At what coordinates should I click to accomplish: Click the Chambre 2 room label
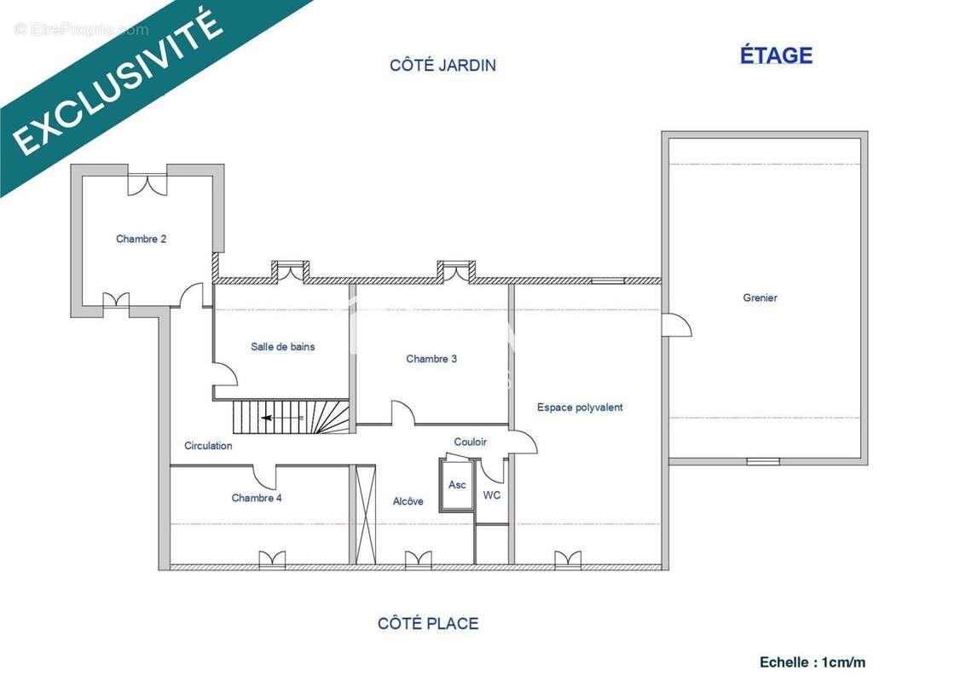[x=141, y=239]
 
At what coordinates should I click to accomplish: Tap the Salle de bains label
[x=283, y=347]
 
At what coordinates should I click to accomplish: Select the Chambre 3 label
[x=431, y=359]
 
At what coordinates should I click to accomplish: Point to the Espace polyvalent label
[x=580, y=407]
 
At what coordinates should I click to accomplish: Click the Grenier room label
[x=760, y=298]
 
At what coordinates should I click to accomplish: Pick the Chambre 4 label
[x=257, y=498]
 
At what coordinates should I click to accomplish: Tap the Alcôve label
[x=408, y=501]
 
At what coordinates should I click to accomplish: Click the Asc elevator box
[x=456, y=485]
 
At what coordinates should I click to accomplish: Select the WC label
[x=492, y=495]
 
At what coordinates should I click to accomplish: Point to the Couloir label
[x=470, y=442]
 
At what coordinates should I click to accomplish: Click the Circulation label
[x=208, y=445]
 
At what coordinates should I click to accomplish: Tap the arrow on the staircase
[x=282, y=418]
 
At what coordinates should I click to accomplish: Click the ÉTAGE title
[x=776, y=55]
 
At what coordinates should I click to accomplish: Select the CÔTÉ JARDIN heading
[x=443, y=65]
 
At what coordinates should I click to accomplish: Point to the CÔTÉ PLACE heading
[x=428, y=623]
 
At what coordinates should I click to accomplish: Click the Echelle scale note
[x=813, y=662]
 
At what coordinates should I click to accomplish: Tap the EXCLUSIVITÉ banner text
[x=117, y=83]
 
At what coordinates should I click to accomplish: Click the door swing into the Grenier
[x=676, y=325]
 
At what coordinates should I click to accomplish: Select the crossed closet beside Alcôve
[x=365, y=514]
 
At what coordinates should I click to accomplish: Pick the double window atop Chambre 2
[x=148, y=183]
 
